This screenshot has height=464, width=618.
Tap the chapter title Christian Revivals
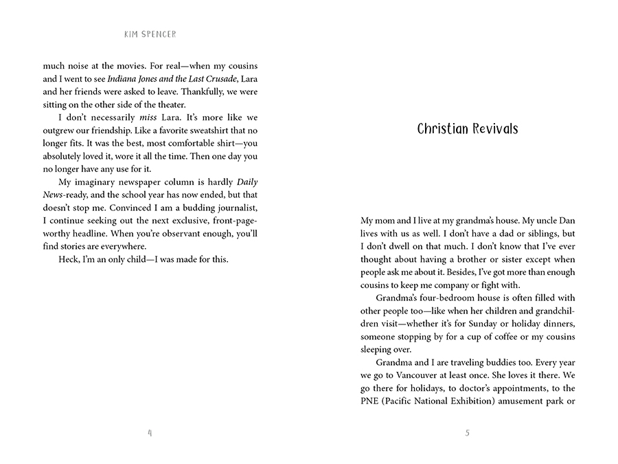[468, 129]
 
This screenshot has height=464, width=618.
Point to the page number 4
[150, 432]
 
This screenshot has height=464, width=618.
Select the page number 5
[468, 432]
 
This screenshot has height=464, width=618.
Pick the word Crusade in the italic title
[220, 79]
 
